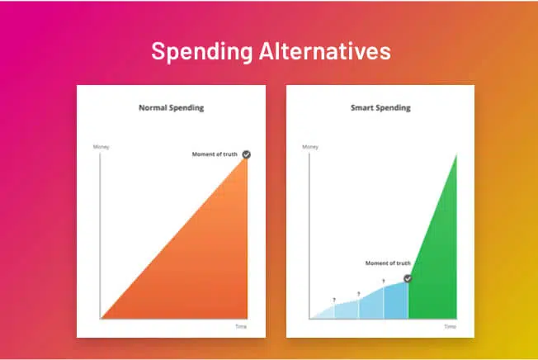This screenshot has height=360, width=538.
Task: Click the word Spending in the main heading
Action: [x=201, y=52]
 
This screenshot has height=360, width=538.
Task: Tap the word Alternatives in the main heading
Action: [x=325, y=51]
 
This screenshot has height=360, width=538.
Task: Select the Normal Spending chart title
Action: [x=171, y=108]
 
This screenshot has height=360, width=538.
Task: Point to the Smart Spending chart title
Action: [x=380, y=108]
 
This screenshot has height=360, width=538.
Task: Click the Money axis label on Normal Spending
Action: [x=101, y=147]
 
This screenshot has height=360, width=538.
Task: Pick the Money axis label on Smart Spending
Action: [x=310, y=147]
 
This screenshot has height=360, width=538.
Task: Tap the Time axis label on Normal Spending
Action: [x=241, y=326]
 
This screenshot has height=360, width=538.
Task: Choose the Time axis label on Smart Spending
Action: [x=451, y=326]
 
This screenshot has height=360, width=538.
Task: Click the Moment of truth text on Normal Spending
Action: [x=215, y=154]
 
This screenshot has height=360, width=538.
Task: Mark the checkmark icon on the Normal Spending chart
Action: [x=247, y=154]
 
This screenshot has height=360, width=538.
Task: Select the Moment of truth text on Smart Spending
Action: [x=388, y=263]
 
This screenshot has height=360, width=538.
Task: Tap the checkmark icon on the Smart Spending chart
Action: [x=408, y=278]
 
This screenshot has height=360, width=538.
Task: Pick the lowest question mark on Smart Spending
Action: [x=334, y=301]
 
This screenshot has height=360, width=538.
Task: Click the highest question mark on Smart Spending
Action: [x=383, y=282]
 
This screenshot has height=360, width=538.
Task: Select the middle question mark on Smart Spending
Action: [x=359, y=294]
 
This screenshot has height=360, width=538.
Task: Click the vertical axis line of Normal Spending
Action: [x=100, y=236]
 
